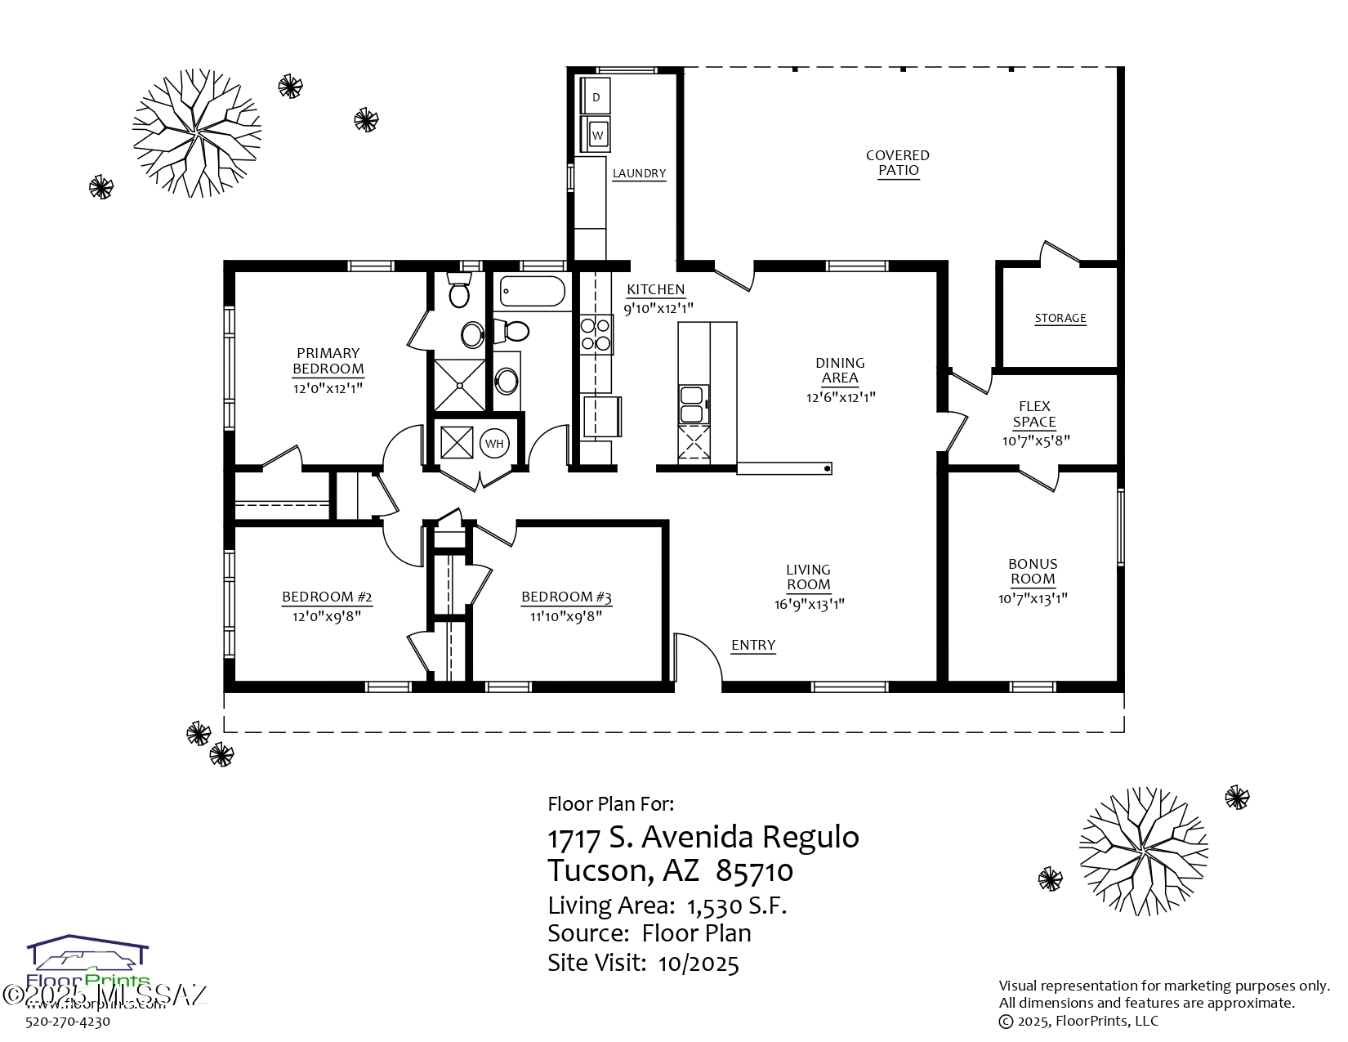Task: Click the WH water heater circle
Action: point(493,444)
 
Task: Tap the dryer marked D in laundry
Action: point(596,97)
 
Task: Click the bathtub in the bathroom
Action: point(532,291)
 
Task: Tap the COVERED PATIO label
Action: point(898,163)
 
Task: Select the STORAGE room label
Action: point(1060,318)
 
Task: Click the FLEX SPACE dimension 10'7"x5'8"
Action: point(1035,441)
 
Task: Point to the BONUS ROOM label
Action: point(1033,571)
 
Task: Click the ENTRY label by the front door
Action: point(752,645)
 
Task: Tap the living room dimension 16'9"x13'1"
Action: point(808,605)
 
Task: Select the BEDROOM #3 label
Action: point(566,597)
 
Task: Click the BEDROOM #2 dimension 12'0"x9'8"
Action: point(327,616)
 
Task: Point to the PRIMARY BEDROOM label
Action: point(328,360)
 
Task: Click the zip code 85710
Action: point(754,871)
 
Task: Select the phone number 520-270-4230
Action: point(68,1021)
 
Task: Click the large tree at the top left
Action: point(196,133)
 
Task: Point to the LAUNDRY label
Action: point(639,173)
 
